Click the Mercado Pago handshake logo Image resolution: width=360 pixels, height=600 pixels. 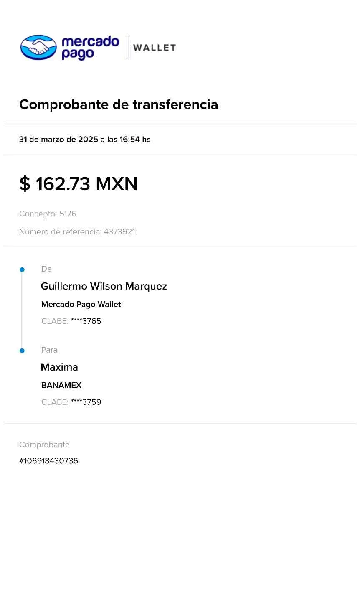(38, 47)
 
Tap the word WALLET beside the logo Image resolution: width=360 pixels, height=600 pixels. (155, 48)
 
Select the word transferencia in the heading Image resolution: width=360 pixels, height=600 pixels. (175, 104)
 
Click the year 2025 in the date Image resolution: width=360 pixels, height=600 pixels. (88, 139)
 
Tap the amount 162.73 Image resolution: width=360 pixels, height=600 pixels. (63, 184)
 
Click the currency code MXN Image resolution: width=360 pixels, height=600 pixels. (117, 184)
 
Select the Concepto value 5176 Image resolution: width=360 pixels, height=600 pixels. (68, 214)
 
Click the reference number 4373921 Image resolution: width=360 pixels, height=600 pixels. (119, 232)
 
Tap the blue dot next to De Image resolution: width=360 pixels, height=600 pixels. (22, 270)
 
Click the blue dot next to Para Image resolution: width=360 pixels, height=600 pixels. (22, 351)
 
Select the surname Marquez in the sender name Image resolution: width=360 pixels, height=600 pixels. (146, 286)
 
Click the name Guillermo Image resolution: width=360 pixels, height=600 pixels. (64, 286)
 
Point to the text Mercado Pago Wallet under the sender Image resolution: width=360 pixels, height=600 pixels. (81, 304)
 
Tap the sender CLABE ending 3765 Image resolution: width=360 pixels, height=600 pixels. (86, 321)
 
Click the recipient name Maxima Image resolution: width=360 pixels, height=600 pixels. (59, 367)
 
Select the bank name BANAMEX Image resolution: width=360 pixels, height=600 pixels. (61, 385)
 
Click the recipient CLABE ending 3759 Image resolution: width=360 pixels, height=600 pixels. (86, 402)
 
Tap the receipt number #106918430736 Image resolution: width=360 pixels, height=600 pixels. (48, 461)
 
